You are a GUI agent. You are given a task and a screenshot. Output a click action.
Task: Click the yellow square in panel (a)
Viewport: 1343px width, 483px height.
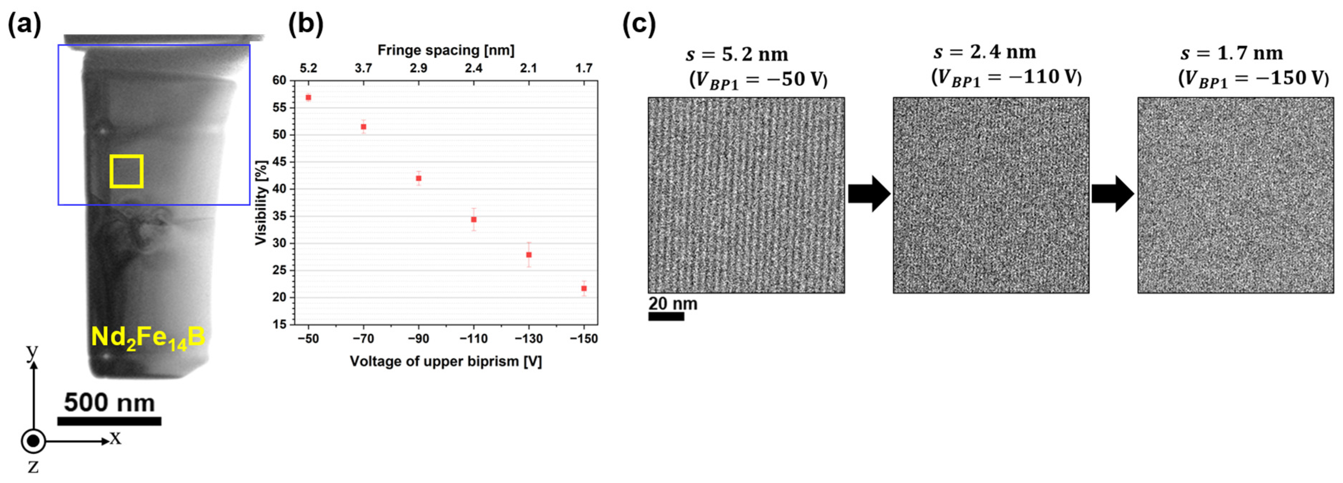pyautogui.click(x=126, y=171)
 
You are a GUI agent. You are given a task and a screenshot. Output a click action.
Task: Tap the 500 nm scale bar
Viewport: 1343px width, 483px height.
pyautogui.click(x=109, y=420)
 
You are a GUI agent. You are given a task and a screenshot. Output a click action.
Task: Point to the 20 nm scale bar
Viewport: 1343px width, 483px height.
pyautogui.click(x=666, y=317)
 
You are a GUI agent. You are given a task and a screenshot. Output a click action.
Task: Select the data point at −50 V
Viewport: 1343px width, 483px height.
pyautogui.click(x=308, y=98)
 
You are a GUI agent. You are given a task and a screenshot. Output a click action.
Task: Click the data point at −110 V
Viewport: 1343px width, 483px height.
pyautogui.click(x=473, y=220)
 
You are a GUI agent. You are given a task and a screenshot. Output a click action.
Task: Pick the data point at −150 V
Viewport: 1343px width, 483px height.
pyautogui.click(x=584, y=288)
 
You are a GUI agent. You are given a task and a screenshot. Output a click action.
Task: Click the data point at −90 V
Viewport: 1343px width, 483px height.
pyautogui.click(x=418, y=178)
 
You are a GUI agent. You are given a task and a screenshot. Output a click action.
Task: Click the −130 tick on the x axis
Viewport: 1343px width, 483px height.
pyautogui.click(x=529, y=339)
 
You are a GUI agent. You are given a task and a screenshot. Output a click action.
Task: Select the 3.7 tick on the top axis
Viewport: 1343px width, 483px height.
pyautogui.click(x=363, y=68)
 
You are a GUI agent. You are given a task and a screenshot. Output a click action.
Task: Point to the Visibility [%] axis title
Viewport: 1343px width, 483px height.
pyautogui.click(x=261, y=202)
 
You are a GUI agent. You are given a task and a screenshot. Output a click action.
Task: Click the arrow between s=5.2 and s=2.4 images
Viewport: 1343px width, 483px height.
pyautogui.click(x=869, y=194)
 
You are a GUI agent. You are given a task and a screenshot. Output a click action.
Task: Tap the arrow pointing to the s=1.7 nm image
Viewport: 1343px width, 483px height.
pyautogui.click(x=1113, y=194)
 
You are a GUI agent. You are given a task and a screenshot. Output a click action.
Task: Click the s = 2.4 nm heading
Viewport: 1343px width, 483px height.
pyautogui.click(x=984, y=52)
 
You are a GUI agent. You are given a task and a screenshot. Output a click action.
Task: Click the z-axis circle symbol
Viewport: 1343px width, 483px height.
pyautogui.click(x=33, y=441)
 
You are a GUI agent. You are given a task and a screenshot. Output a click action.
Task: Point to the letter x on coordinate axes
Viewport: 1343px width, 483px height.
pyautogui.click(x=115, y=438)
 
